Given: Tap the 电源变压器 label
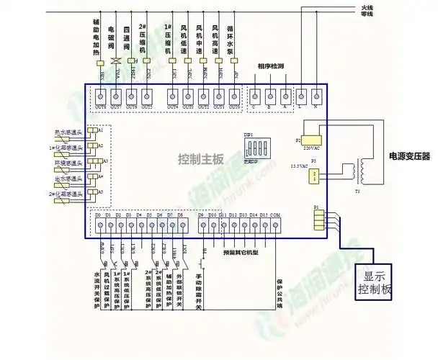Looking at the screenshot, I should pos(408,156).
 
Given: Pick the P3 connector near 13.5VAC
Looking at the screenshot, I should pos(313,175).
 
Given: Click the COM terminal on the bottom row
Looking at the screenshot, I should pos(275,225).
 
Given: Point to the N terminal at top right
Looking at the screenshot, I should pos(315,95).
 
